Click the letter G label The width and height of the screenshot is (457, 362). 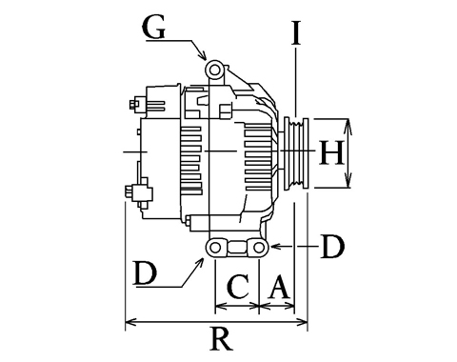click(x=154, y=28)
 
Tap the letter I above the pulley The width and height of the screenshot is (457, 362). click(x=296, y=32)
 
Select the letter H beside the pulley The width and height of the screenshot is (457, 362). click(x=331, y=152)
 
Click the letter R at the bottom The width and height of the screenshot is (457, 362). click(x=221, y=339)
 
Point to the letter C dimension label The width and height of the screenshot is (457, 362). click(x=238, y=287)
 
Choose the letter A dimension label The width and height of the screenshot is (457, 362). click(x=279, y=287)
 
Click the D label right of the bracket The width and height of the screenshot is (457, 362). click(x=332, y=247)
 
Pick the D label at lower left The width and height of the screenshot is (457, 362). click(x=146, y=272)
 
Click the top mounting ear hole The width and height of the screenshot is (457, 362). click(x=215, y=70)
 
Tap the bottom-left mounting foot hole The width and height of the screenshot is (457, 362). click(x=215, y=248)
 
